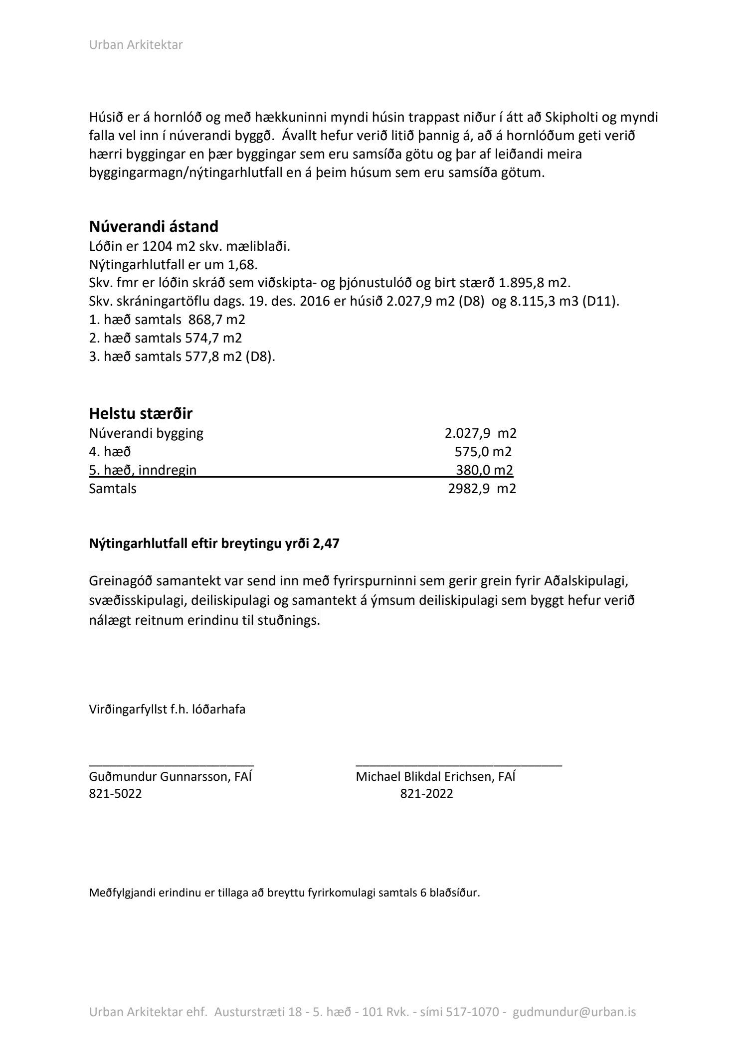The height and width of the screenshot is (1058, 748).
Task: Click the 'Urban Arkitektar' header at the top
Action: [x=136, y=45]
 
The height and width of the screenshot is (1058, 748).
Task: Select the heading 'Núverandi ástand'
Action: [x=154, y=226]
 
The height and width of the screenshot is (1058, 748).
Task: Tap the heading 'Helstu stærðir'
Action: [x=141, y=413]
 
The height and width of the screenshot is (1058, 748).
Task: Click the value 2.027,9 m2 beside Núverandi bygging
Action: [x=480, y=433]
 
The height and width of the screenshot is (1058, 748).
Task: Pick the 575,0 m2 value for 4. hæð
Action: [x=483, y=451]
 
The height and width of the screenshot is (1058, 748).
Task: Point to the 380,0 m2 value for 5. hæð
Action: [x=484, y=470]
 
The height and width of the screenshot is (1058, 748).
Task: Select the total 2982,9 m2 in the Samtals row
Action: [x=482, y=488]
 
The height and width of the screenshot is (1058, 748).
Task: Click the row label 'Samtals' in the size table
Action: [x=113, y=488]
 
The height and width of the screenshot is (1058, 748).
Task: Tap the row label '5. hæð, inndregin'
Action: [x=143, y=470]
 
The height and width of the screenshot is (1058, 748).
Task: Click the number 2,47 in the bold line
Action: [x=326, y=543]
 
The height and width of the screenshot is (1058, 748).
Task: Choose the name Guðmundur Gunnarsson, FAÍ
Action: [x=170, y=776]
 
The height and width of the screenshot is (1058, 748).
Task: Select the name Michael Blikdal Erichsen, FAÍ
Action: [x=435, y=776]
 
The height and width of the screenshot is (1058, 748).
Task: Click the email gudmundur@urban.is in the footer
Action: [x=574, y=1012]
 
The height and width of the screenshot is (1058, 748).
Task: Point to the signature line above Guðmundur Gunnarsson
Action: [x=172, y=763]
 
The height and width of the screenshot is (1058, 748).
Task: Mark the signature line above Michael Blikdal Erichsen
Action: [x=458, y=763]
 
